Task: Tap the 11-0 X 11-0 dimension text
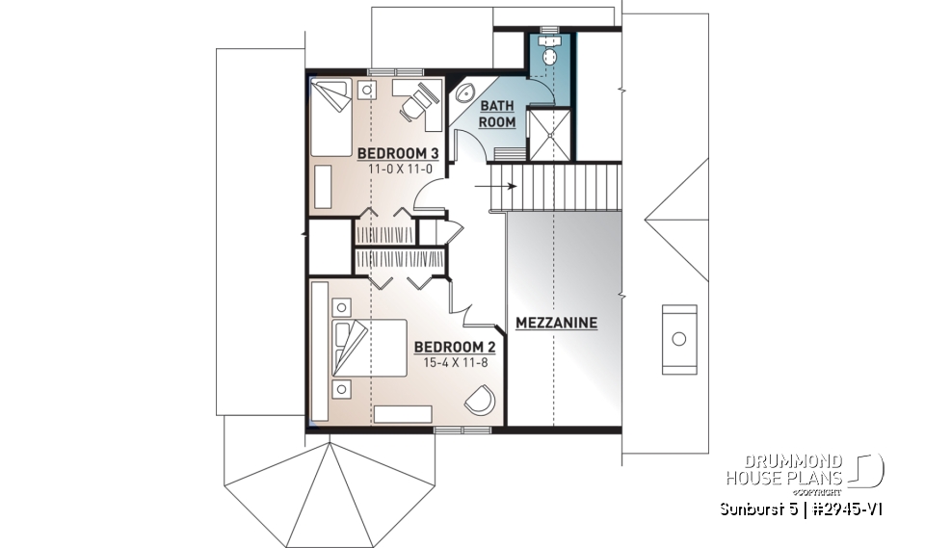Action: (x=393, y=169)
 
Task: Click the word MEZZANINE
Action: (x=556, y=323)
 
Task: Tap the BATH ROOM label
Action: (x=498, y=114)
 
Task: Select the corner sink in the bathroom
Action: (x=462, y=94)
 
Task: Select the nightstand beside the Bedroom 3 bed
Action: (x=366, y=90)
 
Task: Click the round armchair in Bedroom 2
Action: (x=479, y=400)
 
